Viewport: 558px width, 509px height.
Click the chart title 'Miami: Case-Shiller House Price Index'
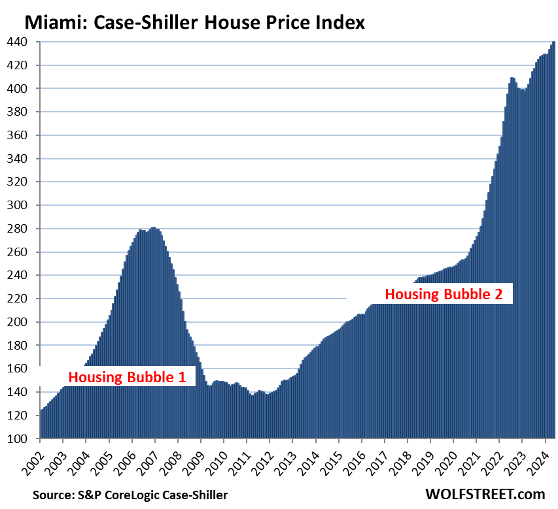[194, 23]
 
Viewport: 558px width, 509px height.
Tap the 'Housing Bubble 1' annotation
[128, 377]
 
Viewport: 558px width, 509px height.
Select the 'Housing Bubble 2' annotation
[444, 294]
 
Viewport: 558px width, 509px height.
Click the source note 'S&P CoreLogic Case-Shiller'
[152, 495]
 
